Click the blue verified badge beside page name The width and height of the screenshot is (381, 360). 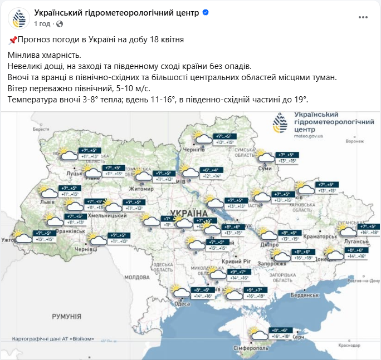click(206, 12)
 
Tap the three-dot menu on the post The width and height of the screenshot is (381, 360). click(346, 18)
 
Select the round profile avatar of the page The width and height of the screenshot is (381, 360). click(19, 18)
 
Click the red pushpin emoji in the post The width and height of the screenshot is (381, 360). click(13, 40)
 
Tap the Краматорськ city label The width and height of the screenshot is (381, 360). click(321, 236)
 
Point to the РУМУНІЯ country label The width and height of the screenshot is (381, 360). click(67, 316)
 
